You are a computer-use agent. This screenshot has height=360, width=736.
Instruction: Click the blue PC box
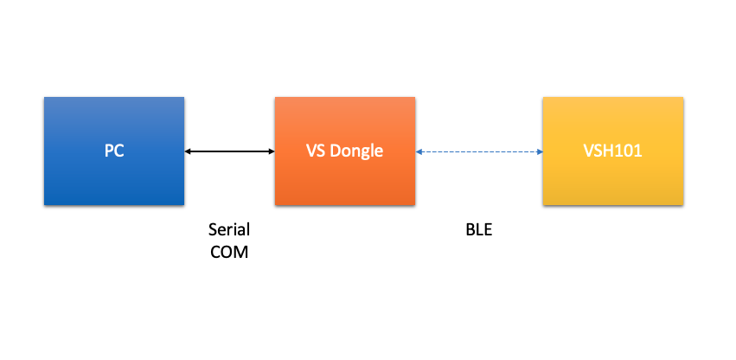click(114, 151)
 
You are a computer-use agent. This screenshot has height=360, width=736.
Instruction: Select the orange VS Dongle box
click(345, 151)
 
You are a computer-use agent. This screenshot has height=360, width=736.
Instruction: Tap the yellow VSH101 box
click(613, 151)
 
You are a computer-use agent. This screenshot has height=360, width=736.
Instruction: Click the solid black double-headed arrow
click(229, 151)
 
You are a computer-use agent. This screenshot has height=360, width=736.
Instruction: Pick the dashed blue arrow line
click(479, 151)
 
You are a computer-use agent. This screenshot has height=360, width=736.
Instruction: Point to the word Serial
click(229, 230)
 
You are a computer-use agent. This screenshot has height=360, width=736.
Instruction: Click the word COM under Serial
click(229, 253)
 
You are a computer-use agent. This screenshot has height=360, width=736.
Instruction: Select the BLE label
click(479, 230)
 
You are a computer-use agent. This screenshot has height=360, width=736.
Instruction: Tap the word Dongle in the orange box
click(356, 151)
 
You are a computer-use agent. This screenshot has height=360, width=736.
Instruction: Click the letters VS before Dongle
click(316, 151)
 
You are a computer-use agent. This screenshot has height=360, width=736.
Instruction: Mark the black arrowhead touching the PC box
click(188, 151)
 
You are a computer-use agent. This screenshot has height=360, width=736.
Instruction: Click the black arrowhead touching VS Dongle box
click(272, 151)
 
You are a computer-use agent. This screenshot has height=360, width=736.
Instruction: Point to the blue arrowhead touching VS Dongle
click(419, 151)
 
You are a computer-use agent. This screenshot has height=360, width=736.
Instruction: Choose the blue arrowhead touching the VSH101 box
click(540, 151)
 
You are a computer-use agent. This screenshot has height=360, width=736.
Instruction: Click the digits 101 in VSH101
click(630, 151)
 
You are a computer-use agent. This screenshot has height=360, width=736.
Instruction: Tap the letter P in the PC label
click(109, 151)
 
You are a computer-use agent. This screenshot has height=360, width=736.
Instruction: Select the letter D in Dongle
click(336, 151)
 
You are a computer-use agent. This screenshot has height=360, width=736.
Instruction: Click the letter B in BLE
click(470, 230)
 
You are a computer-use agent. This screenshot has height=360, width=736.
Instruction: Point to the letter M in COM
click(242, 253)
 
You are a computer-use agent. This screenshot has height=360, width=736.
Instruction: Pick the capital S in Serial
click(213, 230)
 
